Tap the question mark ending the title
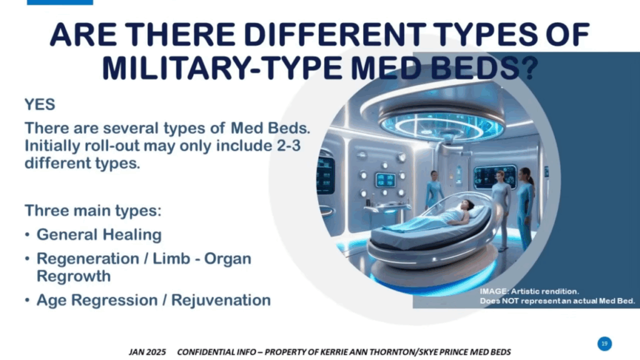pos(529,67)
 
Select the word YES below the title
pos(39,104)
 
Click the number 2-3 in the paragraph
pos(289,146)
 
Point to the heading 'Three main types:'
pos(93,211)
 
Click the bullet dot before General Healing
pos(27,235)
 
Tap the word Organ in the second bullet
pos(227,259)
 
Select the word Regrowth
pos(74,276)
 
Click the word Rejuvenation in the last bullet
pos(221,300)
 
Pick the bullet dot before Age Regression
pos(27,301)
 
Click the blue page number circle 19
pos(604,344)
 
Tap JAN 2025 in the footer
pos(147,352)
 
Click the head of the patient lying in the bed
pos(467,204)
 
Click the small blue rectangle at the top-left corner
pos(60,2)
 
